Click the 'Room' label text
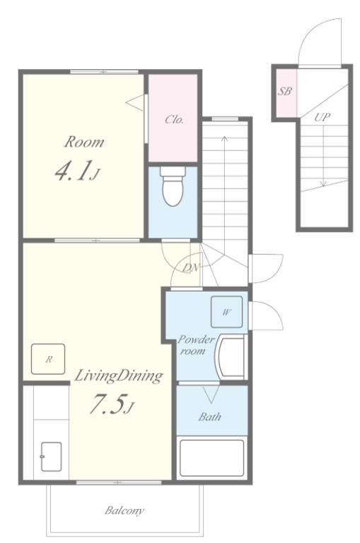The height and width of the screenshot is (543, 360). pos(84,142)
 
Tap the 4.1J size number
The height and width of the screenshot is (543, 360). pos(76,173)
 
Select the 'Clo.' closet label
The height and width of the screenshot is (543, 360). pos(174,119)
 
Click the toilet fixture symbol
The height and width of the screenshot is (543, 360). pos(172,187)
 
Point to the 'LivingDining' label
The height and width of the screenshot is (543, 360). pos(118,375)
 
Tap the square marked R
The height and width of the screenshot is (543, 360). pos(48,359)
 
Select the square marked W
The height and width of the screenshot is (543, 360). pos(226,312)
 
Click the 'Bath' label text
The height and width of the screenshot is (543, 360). pos(209,416)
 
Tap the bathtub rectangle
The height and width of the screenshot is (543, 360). pos(211,458)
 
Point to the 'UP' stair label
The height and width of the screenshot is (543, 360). pos(322,117)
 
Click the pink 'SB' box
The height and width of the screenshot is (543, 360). pos(285,93)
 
